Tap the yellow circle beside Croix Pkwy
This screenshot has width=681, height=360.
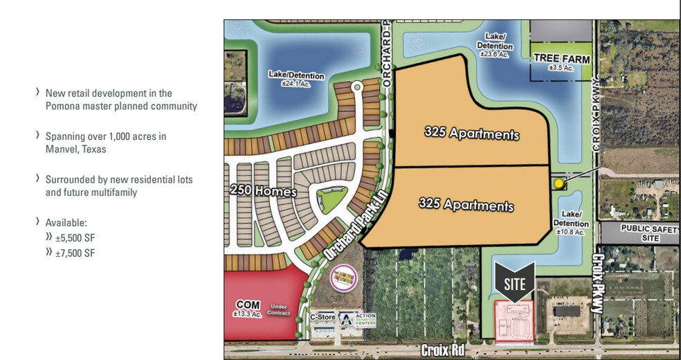(x=559, y=183)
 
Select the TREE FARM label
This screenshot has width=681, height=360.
(x=561, y=60)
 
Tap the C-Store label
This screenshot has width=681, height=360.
(x=323, y=318)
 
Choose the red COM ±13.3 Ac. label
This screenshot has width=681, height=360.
(x=248, y=308)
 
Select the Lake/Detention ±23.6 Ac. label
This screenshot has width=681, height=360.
(x=494, y=45)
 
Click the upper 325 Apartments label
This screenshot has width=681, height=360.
(x=471, y=134)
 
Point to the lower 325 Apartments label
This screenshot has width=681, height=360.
(x=466, y=205)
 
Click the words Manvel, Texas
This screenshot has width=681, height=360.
(x=76, y=149)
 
